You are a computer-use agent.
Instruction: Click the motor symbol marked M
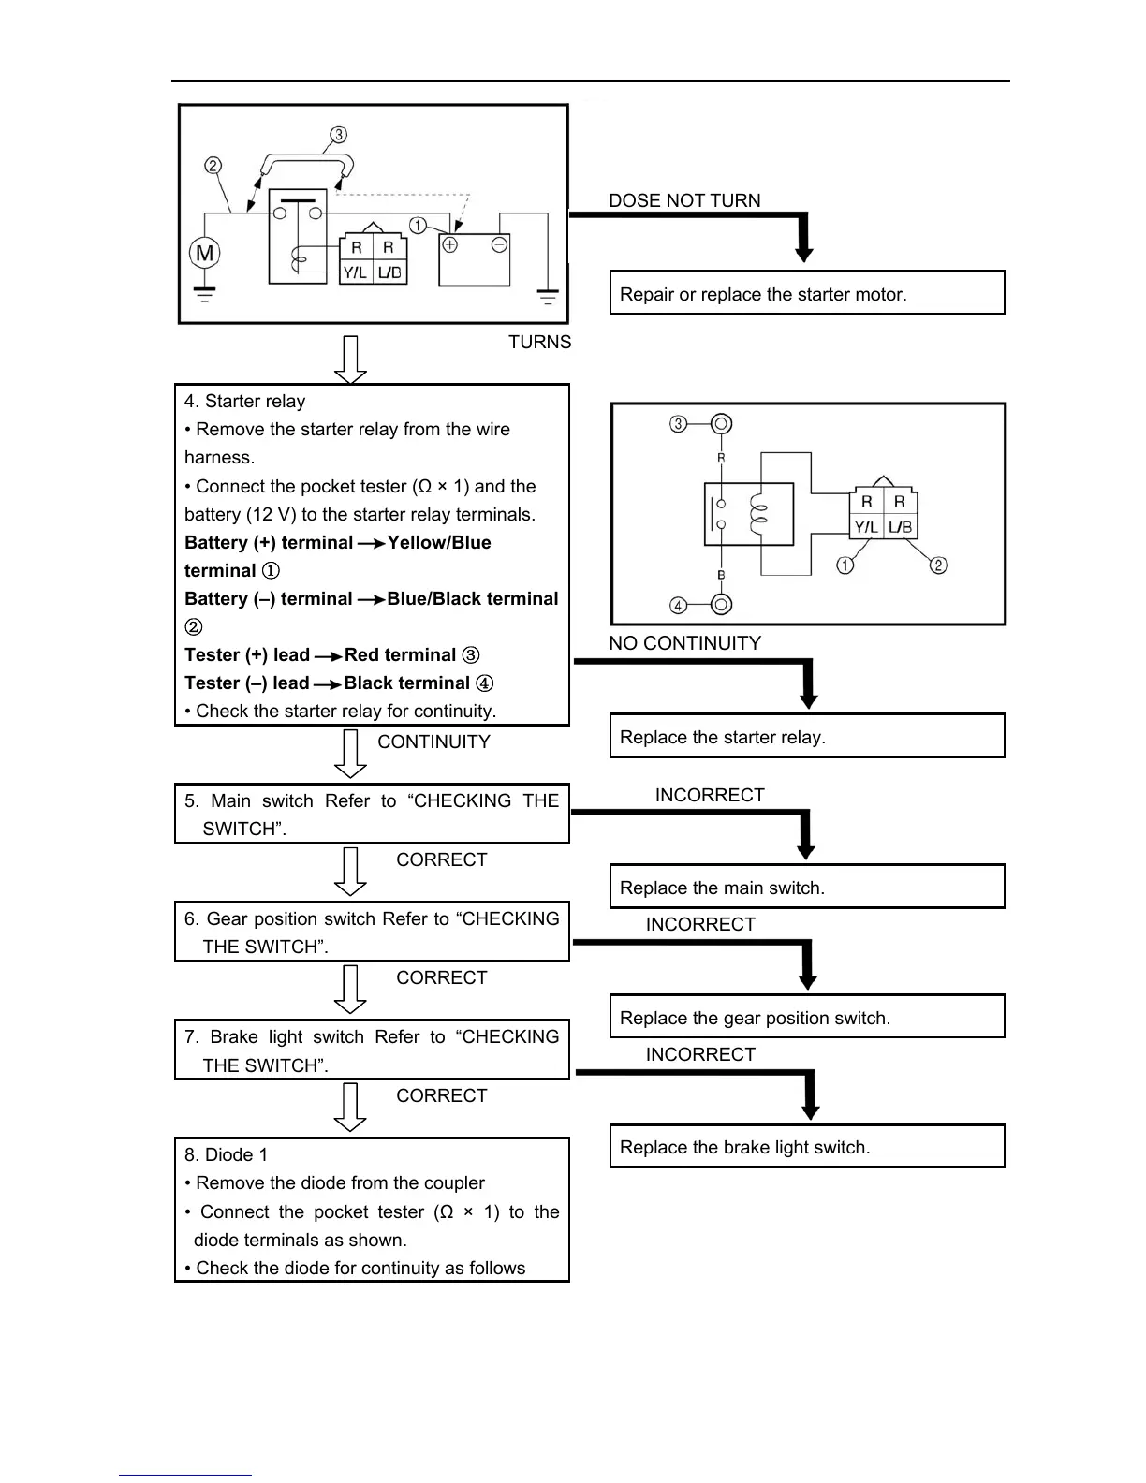[204, 253]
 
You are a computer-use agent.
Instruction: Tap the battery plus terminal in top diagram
[450, 245]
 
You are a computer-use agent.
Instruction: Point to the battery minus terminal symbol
[499, 245]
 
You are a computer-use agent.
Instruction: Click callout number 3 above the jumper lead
[339, 136]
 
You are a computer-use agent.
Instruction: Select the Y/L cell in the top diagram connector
[355, 272]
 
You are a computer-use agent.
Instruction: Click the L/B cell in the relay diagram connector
[900, 527]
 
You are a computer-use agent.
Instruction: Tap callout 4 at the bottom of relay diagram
[679, 605]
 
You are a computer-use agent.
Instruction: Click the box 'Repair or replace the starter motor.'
[807, 293]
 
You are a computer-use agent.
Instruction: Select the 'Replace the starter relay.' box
[807, 736]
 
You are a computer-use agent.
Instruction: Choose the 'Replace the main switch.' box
[807, 887]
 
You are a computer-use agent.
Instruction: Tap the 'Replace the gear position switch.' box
[807, 1017]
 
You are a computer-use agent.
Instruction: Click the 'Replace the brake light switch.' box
[807, 1146]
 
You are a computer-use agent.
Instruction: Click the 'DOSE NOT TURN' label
[684, 200]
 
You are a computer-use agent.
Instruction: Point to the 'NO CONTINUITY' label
[684, 643]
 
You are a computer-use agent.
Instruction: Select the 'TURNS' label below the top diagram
[539, 342]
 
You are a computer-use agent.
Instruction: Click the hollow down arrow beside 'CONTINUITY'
[350, 754]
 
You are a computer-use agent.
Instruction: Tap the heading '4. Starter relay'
[245, 401]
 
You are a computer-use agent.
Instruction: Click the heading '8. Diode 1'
[226, 1154]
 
